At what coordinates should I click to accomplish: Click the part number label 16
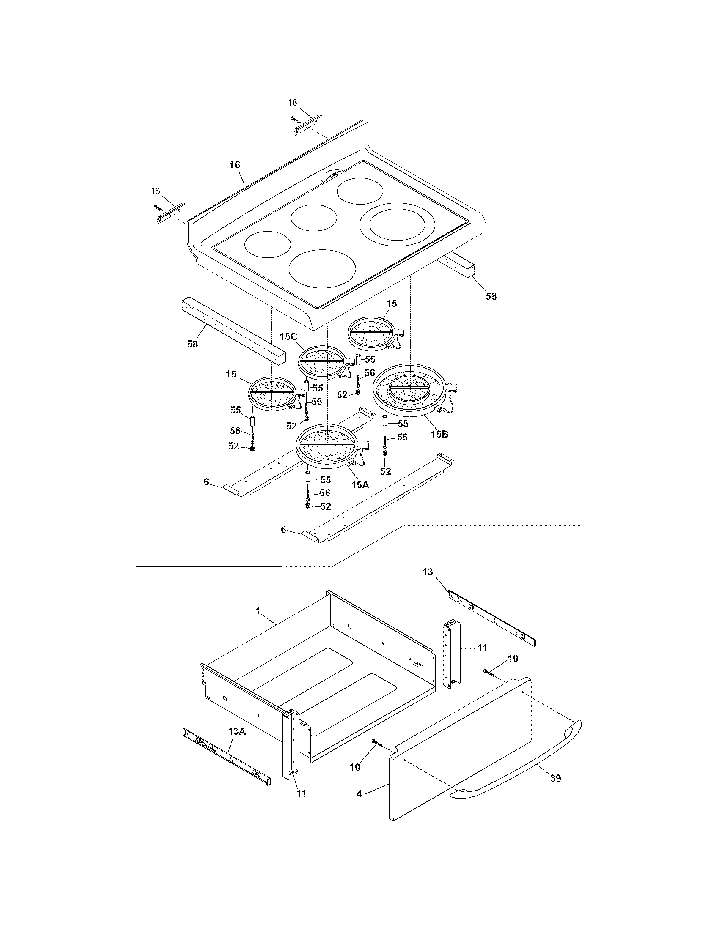(235, 165)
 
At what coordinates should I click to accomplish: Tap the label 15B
(439, 434)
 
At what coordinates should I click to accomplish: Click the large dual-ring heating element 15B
(410, 389)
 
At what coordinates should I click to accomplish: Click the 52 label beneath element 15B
(385, 471)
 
